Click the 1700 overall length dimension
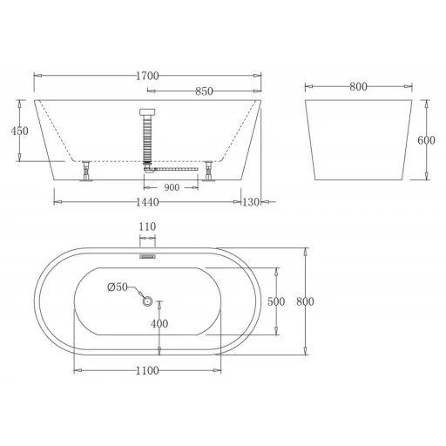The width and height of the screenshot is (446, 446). click(x=147, y=76)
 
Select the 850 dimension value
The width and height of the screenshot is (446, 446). click(x=204, y=91)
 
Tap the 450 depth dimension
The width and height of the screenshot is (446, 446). click(x=20, y=131)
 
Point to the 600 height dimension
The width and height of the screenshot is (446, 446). click(x=426, y=140)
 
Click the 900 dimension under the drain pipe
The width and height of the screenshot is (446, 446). click(x=172, y=187)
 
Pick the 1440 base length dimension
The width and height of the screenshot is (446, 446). click(x=147, y=202)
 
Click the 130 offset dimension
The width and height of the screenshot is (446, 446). click(x=251, y=202)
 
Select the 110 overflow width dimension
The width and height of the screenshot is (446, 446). click(x=147, y=226)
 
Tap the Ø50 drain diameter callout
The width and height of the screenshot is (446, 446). click(x=118, y=287)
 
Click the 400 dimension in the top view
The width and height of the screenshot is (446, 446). click(x=159, y=323)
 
